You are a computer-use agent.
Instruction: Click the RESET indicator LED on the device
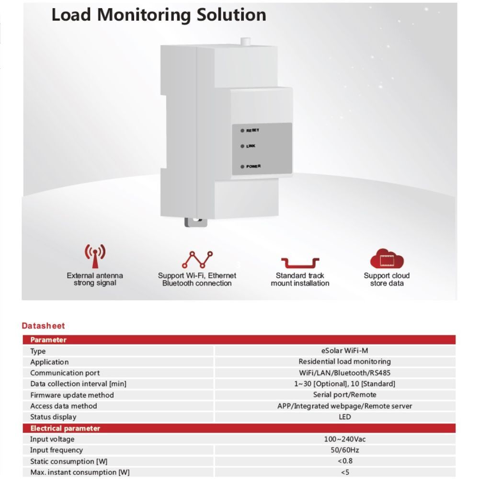(x=243, y=130)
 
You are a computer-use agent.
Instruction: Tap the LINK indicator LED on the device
(x=243, y=146)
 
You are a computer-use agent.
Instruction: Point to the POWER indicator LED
(x=243, y=167)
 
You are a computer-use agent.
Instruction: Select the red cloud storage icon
(x=387, y=259)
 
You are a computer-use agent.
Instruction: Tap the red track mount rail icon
(x=300, y=262)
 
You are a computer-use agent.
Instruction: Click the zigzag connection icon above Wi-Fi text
(x=197, y=259)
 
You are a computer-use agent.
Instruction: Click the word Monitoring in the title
(x=145, y=15)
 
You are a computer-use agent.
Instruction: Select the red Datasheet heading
(x=43, y=326)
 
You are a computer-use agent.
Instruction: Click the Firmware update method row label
(x=72, y=395)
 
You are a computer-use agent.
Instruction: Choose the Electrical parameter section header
(x=65, y=428)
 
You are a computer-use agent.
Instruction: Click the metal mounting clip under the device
(x=196, y=221)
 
